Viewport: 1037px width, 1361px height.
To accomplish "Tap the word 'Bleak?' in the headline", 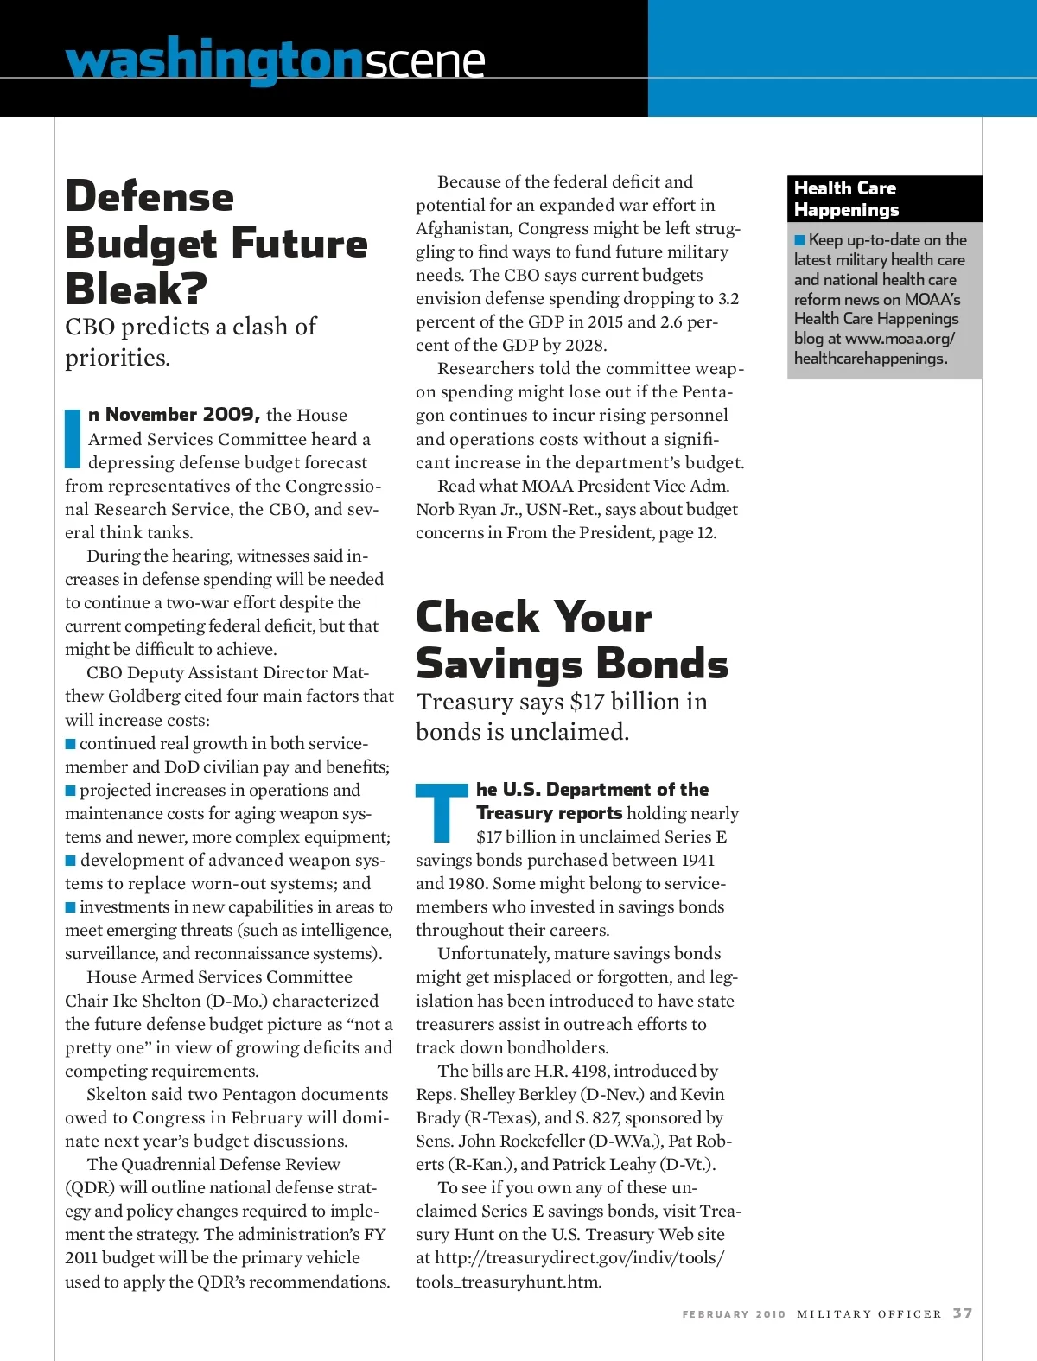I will (136, 289).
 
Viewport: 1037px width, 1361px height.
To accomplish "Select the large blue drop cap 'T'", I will (442, 812).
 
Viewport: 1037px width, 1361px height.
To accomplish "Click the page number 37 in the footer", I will (963, 1313).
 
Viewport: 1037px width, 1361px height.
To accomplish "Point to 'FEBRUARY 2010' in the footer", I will (734, 1314).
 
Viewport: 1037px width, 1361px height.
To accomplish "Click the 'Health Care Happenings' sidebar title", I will (846, 199).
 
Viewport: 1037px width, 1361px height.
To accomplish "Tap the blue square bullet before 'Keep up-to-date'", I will (799, 239).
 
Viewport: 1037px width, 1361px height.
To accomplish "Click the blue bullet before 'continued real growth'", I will (70, 743).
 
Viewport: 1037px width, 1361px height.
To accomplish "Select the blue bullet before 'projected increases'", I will (70, 790).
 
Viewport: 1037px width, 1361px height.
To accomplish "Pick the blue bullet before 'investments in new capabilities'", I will (70, 906).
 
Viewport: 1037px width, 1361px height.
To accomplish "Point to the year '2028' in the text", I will (585, 345).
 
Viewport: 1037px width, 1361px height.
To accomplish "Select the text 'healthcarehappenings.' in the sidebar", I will (870, 358).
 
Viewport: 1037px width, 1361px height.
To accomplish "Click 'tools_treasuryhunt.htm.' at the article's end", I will (508, 1282).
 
